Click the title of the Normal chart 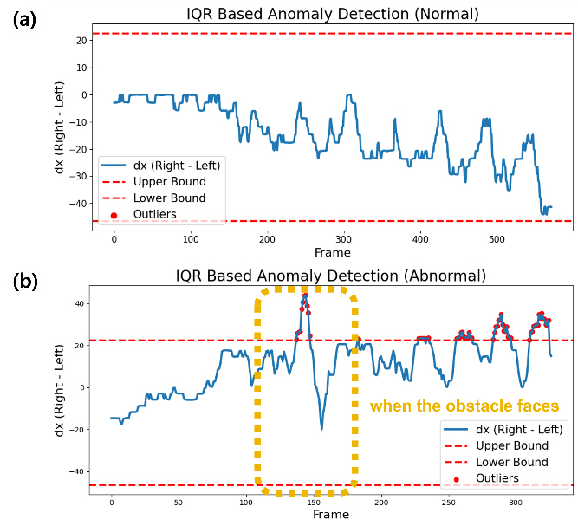click(333, 14)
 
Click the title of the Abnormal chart click(331, 276)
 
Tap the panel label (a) click(25, 20)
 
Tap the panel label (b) click(25, 282)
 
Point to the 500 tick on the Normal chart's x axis click(497, 239)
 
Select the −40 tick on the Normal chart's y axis click(79, 204)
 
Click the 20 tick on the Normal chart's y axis click(81, 41)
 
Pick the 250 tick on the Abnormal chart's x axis click(449, 502)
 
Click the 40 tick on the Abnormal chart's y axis click(79, 304)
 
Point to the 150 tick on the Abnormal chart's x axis click(314, 502)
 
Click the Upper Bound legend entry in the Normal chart click(154, 182)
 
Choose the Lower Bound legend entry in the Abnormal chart click(497, 462)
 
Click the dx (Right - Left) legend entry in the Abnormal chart click(503, 430)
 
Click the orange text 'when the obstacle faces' click(464, 406)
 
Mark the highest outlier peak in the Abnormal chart click(305, 295)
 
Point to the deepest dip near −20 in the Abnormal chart click(321, 429)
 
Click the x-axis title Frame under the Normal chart click(333, 252)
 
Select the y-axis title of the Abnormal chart click(60, 390)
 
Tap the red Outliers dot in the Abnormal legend click(457, 479)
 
